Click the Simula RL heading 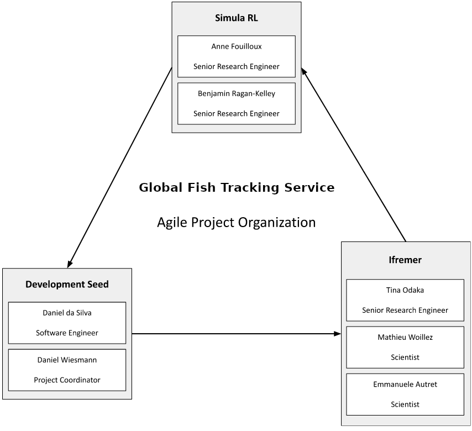236,18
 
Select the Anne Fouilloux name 236,46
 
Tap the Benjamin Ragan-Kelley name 236,93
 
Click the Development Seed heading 67,285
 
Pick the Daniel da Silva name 67,313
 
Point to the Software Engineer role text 67,333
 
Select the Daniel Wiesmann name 67,360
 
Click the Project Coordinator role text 67,380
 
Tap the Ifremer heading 405,260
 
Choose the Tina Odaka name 405,290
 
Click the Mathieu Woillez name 405,337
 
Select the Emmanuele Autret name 405,384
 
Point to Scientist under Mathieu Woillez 405,357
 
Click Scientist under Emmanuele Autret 405,404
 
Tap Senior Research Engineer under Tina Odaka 405,310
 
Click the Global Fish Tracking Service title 236,187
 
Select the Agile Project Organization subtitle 236,222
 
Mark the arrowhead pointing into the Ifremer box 337,334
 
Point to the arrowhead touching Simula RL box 304,72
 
